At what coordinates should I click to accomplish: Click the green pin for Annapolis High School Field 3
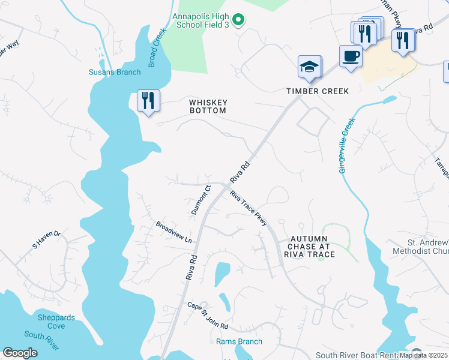point(238,20)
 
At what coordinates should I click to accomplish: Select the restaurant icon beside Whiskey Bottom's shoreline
point(148,100)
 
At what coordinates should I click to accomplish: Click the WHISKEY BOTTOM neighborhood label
point(208,106)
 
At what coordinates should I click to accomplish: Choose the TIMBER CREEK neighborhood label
point(309,91)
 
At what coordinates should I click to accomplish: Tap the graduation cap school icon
point(310,67)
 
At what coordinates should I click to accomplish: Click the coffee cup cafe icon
point(351,56)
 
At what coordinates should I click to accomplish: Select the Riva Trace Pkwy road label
point(248,208)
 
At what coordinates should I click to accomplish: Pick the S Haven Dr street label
point(46,239)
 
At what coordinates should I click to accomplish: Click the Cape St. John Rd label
point(208,315)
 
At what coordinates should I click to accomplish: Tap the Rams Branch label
point(239,341)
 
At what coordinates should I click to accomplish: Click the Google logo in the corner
point(20,353)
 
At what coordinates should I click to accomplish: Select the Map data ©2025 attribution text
point(424,355)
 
